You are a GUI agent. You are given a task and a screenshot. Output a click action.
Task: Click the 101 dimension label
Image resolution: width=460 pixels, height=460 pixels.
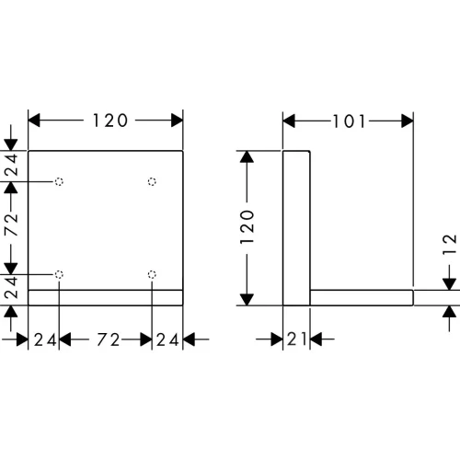coord(350,121)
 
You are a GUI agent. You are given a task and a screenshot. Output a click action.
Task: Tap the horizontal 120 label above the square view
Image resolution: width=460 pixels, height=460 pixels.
coord(110,121)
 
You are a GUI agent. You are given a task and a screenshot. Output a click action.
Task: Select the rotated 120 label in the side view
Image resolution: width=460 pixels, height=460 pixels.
coord(247,227)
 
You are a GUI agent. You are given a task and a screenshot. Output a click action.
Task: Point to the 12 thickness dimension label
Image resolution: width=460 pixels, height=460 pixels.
coord(450,245)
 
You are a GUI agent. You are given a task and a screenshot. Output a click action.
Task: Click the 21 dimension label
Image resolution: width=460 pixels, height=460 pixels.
coord(297,339)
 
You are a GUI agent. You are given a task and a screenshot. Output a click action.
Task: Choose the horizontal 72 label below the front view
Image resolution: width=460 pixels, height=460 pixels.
coord(109,339)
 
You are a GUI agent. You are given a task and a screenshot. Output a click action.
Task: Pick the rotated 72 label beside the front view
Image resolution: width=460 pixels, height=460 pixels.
coord(11,224)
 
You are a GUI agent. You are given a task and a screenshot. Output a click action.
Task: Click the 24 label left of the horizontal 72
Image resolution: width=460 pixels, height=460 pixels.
coord(45,339)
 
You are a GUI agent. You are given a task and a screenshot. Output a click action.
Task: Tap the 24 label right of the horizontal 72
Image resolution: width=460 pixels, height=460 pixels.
coord(167,339)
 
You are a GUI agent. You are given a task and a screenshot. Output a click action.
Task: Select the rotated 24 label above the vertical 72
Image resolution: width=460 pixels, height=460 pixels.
coord(11,165)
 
